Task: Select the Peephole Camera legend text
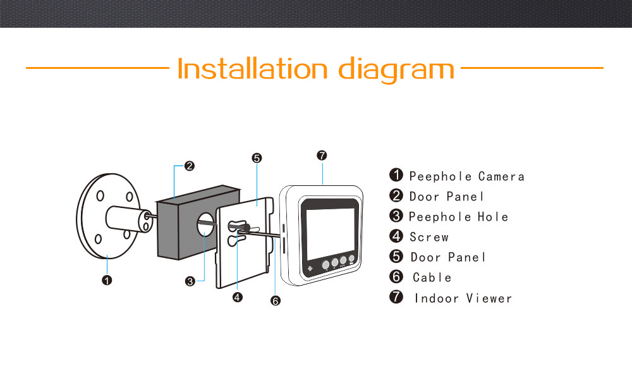pyautogui.click(x=466, y=176)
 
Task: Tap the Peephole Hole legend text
pyautogui.click(x=458, y=217)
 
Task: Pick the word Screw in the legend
pyautogui.click(x=429, y=237)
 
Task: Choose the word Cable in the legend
pyautogui.click(x=432, y=278)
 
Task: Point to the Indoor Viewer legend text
pyautogui.click(x=463, y=298)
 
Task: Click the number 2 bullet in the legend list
pyautogui.click(x=396, y=196)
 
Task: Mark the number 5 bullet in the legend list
pyautogui.click(x=396, y=257)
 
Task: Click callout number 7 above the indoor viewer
pyautogui.click(x=322, y=155)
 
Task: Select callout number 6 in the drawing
pyautogui.click(x=275, y=301)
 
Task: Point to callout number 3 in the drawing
pyautogui.click(x=190, y=282)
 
